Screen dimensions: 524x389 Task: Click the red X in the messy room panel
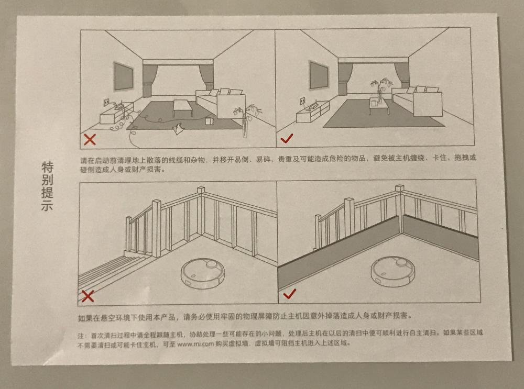[x=90, y=139]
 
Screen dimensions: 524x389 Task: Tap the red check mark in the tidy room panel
[x=287, y=138]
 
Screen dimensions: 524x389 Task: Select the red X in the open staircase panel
[x=88, y=296]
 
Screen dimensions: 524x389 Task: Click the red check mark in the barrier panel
[x=289, y=294]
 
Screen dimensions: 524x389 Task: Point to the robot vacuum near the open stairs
[x=202, y=273]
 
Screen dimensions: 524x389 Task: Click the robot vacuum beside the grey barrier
[x=393, y=271]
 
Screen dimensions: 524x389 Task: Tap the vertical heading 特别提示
[x=47, y=186]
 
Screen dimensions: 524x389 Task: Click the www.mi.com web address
[x=195, y=344]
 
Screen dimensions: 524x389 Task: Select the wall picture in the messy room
[x=124, y=76]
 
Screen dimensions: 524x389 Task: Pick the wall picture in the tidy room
[x=319, y=75]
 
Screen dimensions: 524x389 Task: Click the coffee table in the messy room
[x=183, y=107]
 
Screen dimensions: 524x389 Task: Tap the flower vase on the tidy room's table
[x=380, y=90]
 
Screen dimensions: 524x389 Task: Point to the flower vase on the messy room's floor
[x=246, y=121]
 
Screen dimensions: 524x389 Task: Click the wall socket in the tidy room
[x=302, y=101]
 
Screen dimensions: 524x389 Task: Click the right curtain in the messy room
[x=206, y=77]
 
